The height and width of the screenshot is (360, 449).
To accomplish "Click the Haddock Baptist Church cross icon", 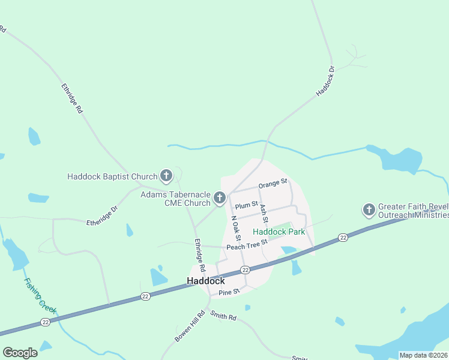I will (x=166, y=176).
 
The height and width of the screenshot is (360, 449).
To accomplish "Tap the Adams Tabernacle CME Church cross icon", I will (x=220, y=197).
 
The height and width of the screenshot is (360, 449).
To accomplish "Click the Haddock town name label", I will (x=206, y=281).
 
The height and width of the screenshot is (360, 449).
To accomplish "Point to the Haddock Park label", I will (x=279, y=232).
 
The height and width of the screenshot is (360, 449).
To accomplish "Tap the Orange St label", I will (x=273, y=182).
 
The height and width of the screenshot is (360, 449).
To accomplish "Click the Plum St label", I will (x=246, y=206).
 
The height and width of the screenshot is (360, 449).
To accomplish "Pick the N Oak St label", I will (x=236, y=229).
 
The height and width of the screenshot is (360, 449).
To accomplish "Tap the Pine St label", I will (x=229, y=292).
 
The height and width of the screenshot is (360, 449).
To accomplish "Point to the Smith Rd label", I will (x=223, y=316).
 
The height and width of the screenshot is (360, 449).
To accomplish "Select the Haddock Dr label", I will (x=325, y=82).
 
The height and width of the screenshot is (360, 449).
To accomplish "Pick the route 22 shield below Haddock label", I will (x=245, y=270).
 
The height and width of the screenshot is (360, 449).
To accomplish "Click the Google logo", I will (x=20, y=353).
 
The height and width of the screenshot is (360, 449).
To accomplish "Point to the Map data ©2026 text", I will (x=423, y=355).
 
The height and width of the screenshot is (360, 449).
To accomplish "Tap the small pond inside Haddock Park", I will (x=288, y=250).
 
